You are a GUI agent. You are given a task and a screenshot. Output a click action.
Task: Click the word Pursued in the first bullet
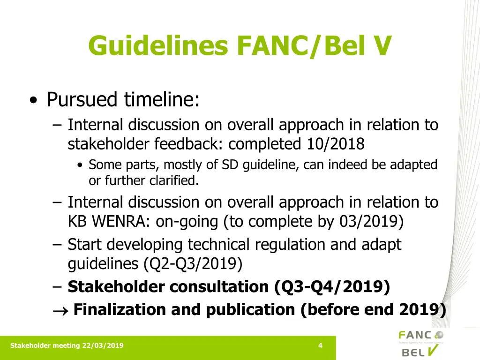[82, 99]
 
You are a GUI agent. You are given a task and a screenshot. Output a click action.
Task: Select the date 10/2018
[336, 144]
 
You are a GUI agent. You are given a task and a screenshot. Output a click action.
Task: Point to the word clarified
[174, 180]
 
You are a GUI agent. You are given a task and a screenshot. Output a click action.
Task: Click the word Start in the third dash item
[85, 244]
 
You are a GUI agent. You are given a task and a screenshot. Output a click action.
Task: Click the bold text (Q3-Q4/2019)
[333, 287]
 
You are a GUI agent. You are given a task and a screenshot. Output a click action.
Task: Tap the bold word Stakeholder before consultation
[116, 287]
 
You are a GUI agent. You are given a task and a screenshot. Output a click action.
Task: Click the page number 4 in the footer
[320, 346]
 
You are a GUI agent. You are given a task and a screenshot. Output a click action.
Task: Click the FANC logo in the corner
[420, 336]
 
